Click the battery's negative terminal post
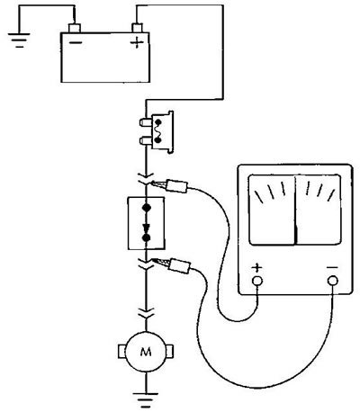coord(75,28)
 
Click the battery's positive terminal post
coord(137,28)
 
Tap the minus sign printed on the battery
coord(76,42)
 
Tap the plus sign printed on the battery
coord(137,43)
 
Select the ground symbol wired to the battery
coord(19,40)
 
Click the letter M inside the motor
coord(146,352)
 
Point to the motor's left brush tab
coord(121,352)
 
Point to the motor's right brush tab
coord(170,352)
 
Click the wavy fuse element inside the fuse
coord(157,131)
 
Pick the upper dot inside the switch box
coord(147,207)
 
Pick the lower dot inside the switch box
coord(147,238)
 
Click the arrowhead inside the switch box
coord(147,228)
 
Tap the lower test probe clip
coord(172,264)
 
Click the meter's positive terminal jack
coord(257,281)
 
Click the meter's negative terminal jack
coord(333,281)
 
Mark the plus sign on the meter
coord(256,267)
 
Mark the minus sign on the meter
coord(332,267)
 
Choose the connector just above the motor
coord(147,313)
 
